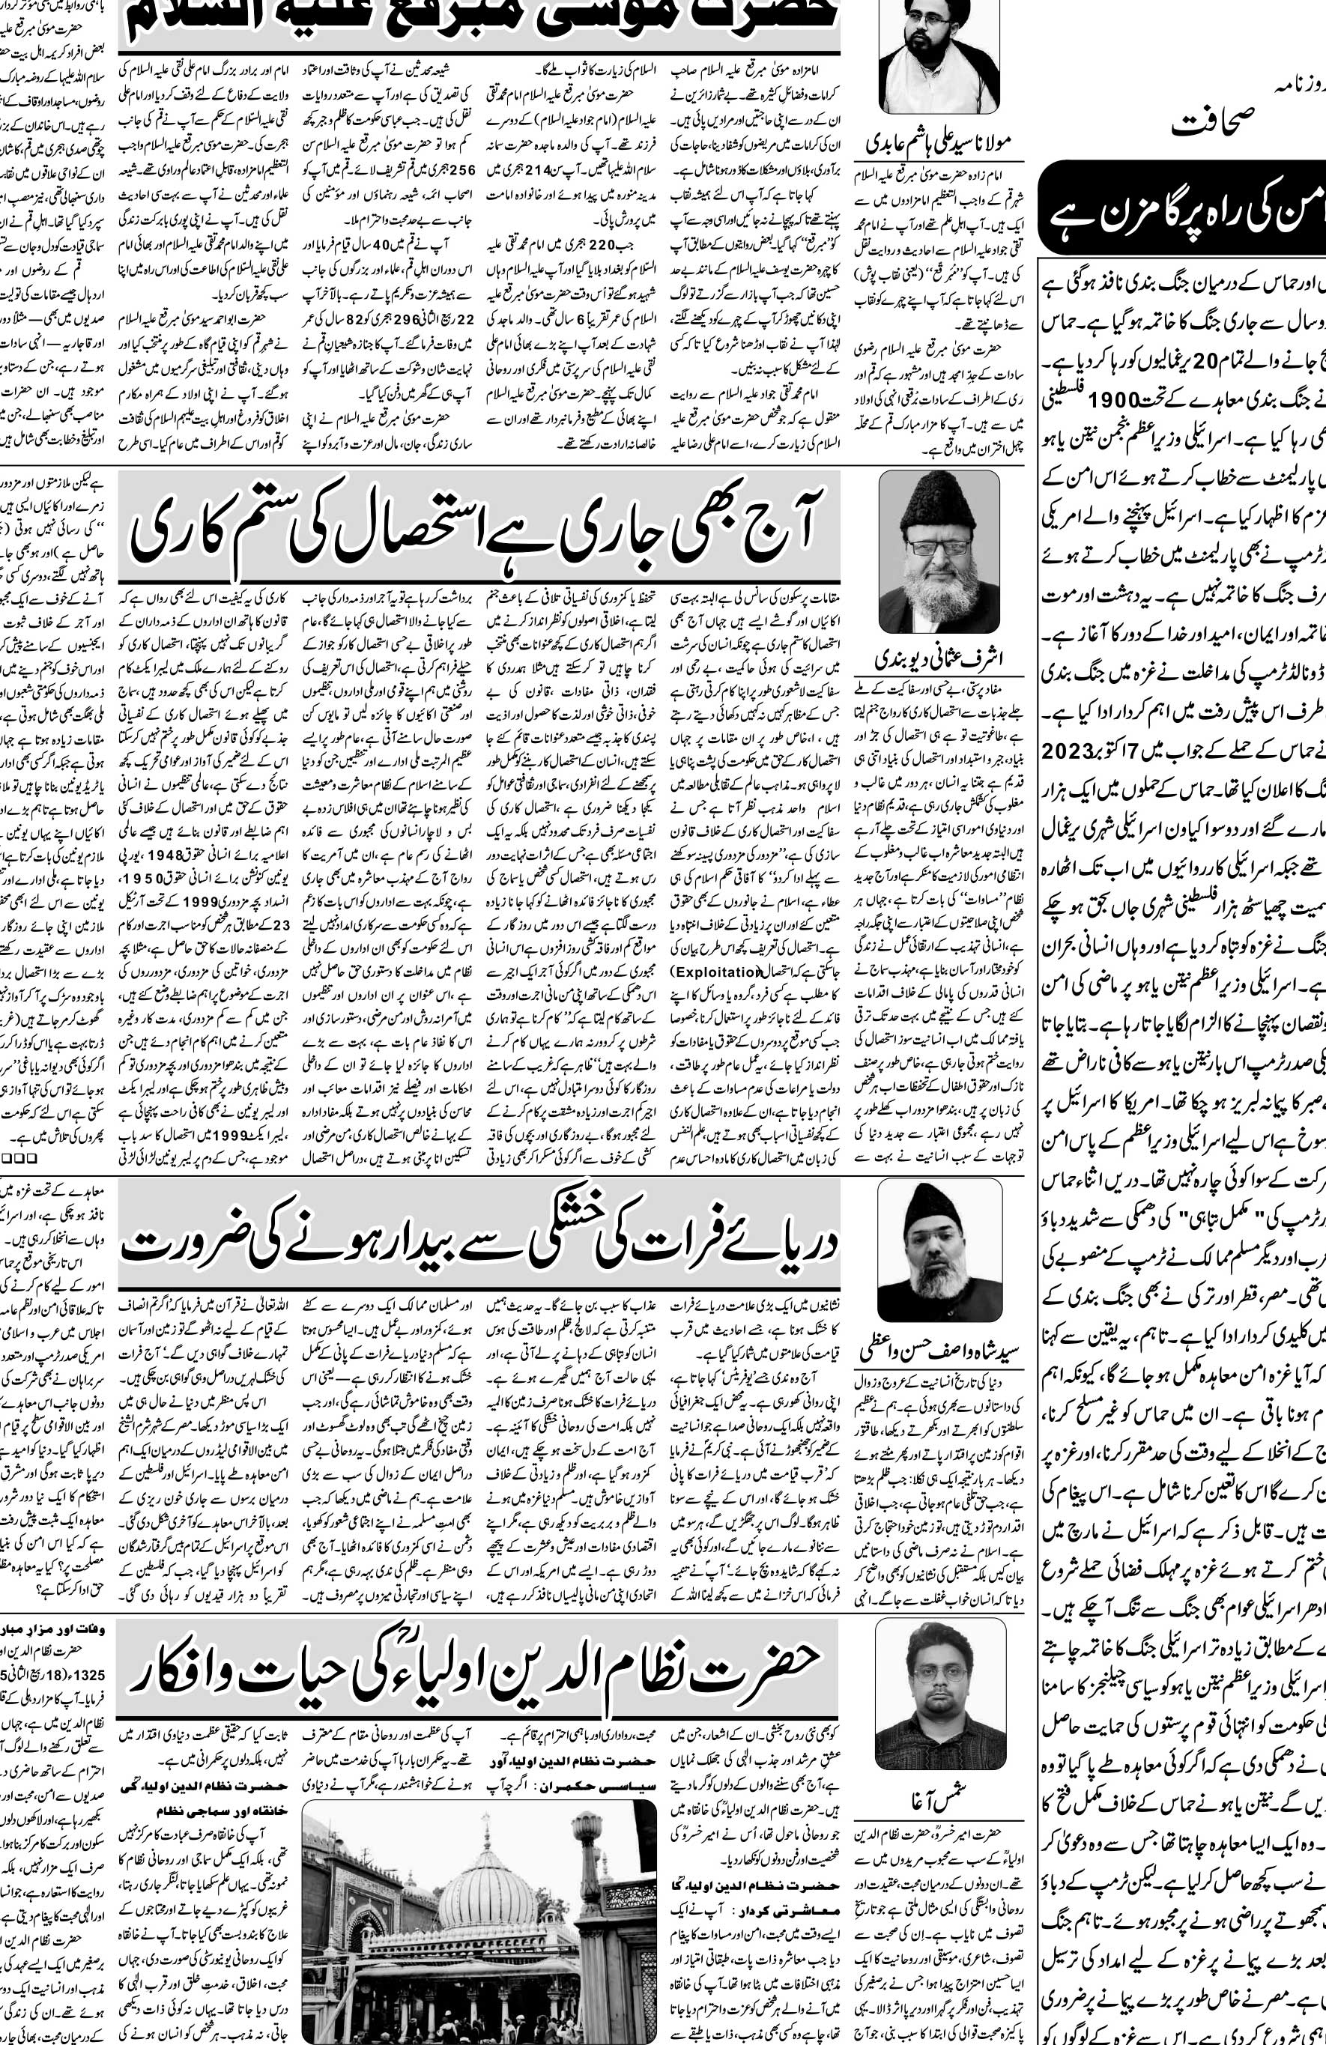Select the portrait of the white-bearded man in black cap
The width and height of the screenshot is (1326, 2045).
click(939, 551)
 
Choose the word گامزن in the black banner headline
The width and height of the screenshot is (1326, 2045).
click(1136, 209)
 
